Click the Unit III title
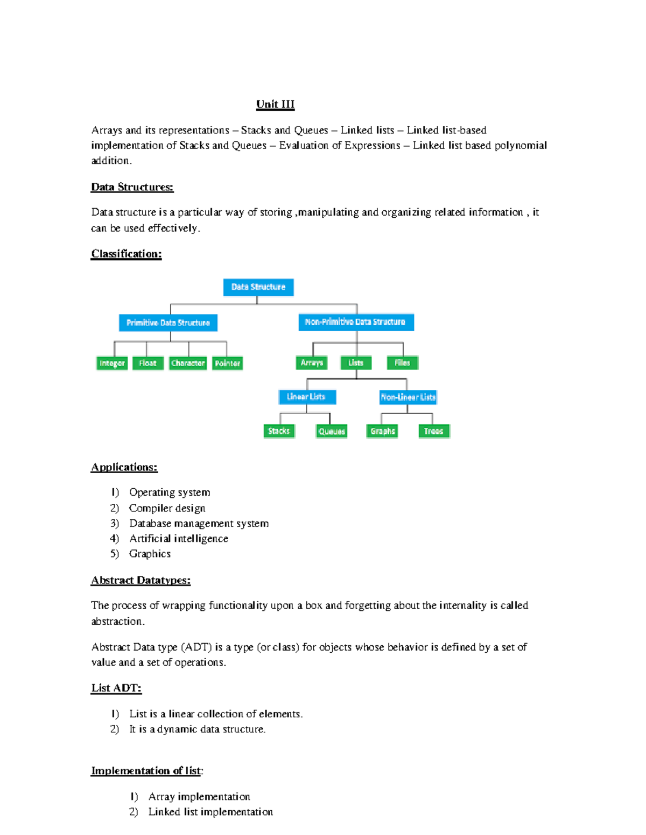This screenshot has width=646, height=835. [x=275, y=104]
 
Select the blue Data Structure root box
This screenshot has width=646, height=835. [x=258, y=287]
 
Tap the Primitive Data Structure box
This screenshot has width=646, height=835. [x=168, y=323]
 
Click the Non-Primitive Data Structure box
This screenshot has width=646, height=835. [x=355, y=322]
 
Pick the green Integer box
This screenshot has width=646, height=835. [x=112, y=363]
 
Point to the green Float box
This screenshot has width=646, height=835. [x=148, y=363]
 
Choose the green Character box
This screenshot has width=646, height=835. [x=188, y=363]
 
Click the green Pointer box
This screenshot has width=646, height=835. [x=227, y=363]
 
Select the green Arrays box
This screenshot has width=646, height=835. [x=312, y=363]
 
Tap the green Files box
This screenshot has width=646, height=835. [x=402, y=363]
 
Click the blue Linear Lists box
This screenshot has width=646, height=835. [x=307, y=397]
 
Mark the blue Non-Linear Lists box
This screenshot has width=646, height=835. [x=408, y=397]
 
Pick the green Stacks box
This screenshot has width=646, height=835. [x=279, y=431]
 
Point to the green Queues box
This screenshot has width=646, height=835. [x=332, y=431]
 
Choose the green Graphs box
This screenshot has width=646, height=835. [x=382, y=431]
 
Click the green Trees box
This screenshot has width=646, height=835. [x=433, y=431]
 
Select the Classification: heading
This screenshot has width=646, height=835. [x=127, y=254]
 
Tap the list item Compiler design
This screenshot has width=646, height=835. [x=167, y=508]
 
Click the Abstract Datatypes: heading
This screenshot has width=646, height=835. [x=141, y=580]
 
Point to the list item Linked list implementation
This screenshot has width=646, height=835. [x=210, y=812]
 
